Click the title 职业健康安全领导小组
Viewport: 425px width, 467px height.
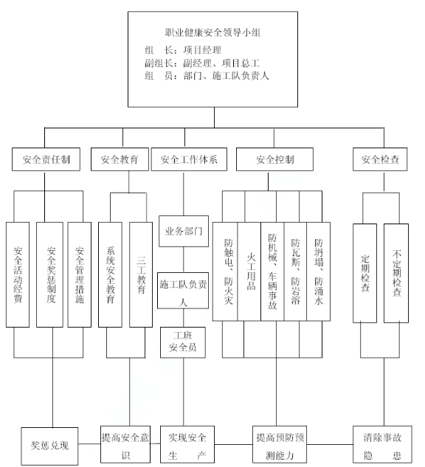tap(212, 32)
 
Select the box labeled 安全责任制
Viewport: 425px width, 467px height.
tap(46, 159)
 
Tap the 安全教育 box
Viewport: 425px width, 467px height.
tap(120, 159)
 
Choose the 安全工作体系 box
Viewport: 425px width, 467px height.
tap(189, 159)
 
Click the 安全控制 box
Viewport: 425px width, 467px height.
tap(274, 159)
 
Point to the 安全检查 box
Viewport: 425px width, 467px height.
tap(380, 159)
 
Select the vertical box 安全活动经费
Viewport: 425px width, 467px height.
tap(18, 274)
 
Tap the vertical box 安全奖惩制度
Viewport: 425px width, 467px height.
tap(49, 274)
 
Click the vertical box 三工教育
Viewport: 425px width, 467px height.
tap(141, 274)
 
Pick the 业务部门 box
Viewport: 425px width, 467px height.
tap(184, 232)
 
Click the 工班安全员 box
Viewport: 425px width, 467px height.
tap(183, 342)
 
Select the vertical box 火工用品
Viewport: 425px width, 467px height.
tap(249, 271)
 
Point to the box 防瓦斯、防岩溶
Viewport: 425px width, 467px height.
tap(295, 271)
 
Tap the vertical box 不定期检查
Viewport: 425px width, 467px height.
tap(396, 273)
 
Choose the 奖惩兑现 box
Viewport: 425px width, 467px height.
tap(49, 446)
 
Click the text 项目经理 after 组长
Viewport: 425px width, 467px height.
tap(202, 50)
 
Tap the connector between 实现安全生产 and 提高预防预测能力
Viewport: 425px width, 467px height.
tap(233, 445)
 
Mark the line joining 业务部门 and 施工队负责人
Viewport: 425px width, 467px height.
tap(183, 260)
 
